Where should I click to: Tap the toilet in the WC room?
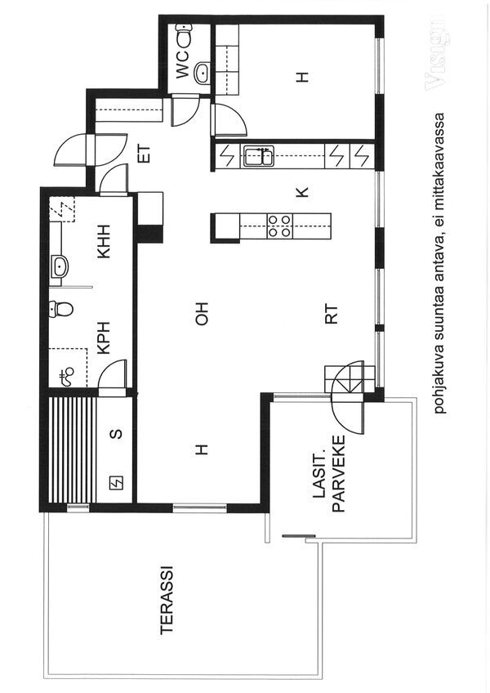click(x=184, y=35)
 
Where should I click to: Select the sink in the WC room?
click(x=202, y=73)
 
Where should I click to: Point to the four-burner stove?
click(x=279, y=226)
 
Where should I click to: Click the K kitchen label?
click(x=302, y=192)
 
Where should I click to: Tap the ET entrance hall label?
click(x=145, y=154)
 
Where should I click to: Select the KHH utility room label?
click(x=105, y=241)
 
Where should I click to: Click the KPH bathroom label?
click(x=105, y=338)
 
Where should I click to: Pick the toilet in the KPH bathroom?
click(x=61, y=309)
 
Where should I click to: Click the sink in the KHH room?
click(x=60, y=266)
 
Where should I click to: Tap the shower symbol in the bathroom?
click(x=67, y=376)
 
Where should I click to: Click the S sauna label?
click(x=116, y=434)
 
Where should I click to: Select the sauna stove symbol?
click(x=117, y=484)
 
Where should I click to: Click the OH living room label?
click(x=202, y=314)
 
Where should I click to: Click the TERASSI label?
click(x=167, y=600)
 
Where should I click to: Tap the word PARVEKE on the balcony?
click(x=339, y=474)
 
